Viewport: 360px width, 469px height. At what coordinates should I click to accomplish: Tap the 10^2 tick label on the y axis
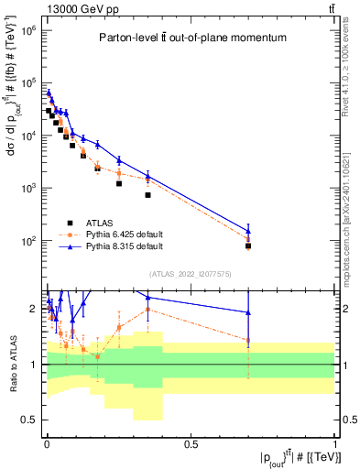coord(27,241)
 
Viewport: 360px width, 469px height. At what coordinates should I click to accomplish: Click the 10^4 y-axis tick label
coord(27,136)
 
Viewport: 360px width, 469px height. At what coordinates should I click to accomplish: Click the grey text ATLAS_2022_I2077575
coord(190,274)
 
